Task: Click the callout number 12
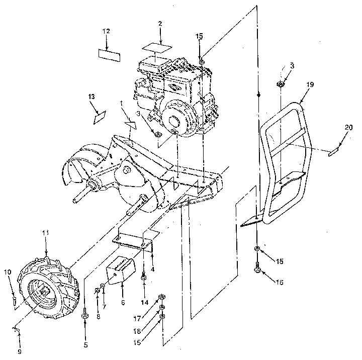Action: tap(106, 31)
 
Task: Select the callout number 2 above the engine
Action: tap(160, 24)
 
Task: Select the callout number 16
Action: tap(280, 283)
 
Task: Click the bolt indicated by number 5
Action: tap(84, 315)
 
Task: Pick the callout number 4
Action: tap(152, 269)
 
